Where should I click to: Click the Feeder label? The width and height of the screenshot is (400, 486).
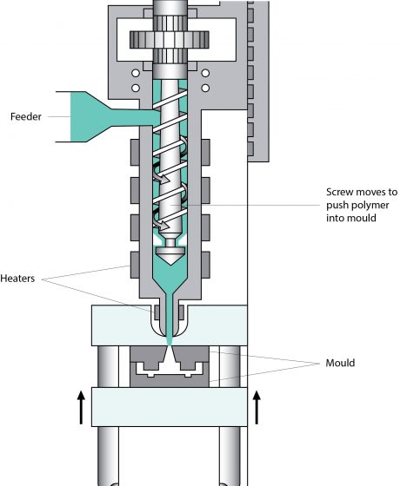coord(28,116)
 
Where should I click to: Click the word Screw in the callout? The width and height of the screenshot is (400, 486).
coord(341,192)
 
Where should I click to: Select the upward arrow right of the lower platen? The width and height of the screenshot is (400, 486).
coord(257,405)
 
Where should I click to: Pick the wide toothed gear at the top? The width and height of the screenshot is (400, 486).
coord(170,40)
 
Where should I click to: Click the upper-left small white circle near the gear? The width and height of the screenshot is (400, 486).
coord(135,73)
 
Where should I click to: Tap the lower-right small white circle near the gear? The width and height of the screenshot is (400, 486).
coord(205,88)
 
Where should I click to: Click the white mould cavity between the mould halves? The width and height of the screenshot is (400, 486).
coord(170,367)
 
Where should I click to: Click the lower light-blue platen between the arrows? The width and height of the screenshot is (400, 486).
coord(170,405)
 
